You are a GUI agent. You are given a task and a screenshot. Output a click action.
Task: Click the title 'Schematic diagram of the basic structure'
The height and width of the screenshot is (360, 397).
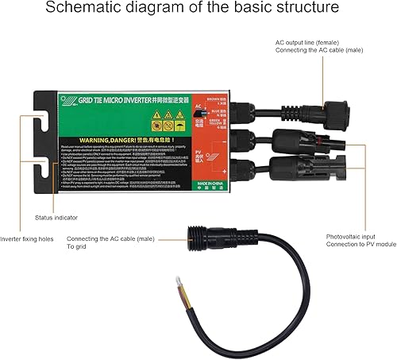[198, 10]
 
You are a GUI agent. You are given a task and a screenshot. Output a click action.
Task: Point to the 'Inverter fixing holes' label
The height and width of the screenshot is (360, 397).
[30, 238]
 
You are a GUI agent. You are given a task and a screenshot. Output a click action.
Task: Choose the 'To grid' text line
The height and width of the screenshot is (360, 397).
[80, 247]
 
